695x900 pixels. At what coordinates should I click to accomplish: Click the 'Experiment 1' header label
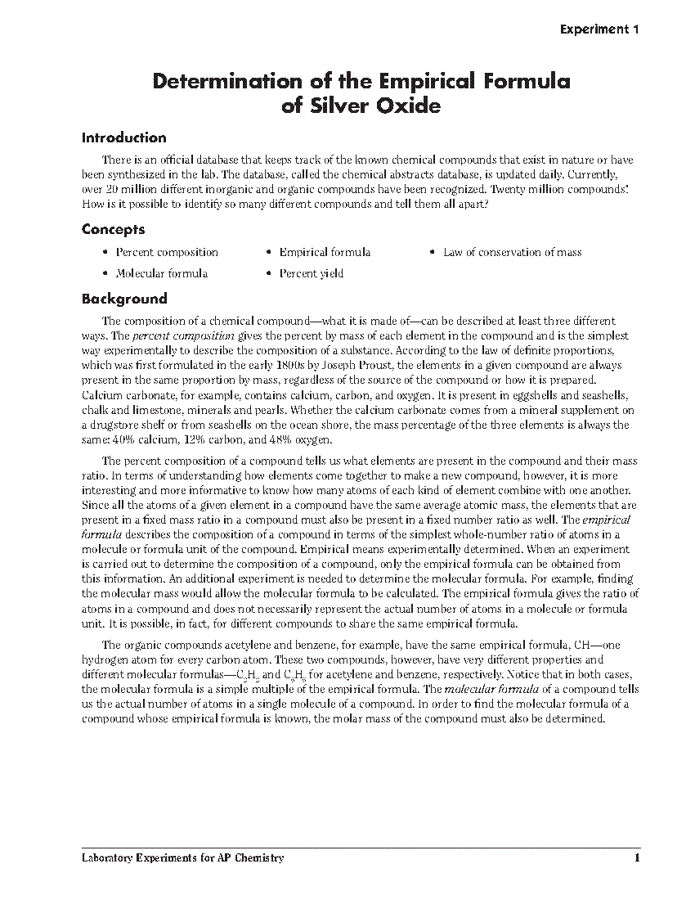click(x=599, y=29)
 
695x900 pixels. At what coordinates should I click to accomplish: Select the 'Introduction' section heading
click(x=123, y=137)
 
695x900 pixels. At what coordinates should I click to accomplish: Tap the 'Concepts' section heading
click(x=113, y=230)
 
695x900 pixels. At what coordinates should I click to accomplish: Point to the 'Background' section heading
click(x=123, y=299)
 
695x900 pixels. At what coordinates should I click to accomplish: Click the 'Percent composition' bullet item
click(x=167, y=252)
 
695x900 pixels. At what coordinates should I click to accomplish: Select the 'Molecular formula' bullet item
click(x=161, y=273)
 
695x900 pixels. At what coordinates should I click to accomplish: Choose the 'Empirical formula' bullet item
click(x=325, y=252)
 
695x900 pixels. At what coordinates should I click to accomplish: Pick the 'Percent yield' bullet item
click(x=311, y=273)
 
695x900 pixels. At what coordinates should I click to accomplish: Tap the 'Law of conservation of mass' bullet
click(x=512, y=252)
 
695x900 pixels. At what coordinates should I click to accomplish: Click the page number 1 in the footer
click(x=636, y=858)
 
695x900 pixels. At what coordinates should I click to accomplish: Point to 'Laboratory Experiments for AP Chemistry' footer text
click(x=183, y=858)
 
